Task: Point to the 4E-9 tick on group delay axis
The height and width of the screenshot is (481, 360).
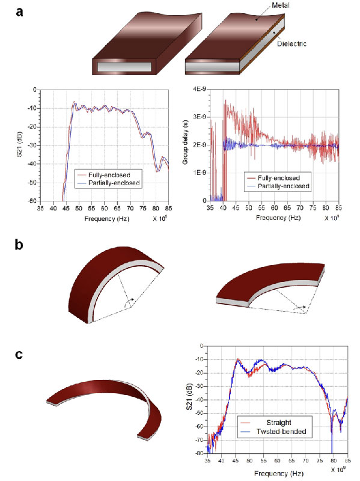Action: point(198,89)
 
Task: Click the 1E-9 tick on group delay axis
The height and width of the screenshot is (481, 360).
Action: point(198,173)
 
